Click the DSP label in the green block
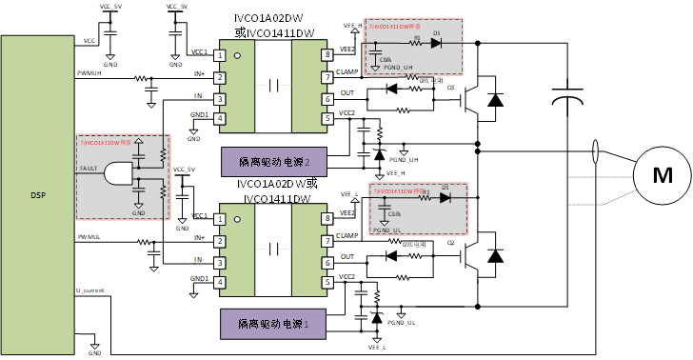(35, 194)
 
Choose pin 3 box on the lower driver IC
(220, 263)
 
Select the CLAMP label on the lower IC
(348, 236)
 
